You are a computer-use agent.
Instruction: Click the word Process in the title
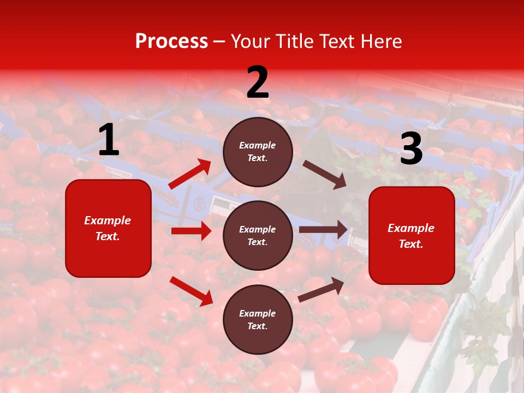coord(171,41)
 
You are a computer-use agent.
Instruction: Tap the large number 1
coord(109,140)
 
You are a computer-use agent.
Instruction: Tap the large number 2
coord(258,82)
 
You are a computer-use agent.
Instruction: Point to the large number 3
coord(411,148)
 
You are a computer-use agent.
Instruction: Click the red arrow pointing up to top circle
coord(190,174)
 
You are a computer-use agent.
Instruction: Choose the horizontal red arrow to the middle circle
coord(191,231)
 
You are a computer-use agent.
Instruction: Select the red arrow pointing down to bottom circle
coord(191,291)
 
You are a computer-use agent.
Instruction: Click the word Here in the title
coord(382,41)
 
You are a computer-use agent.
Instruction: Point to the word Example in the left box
coord(108,221)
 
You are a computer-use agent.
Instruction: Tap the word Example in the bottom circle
coord(257,313)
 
